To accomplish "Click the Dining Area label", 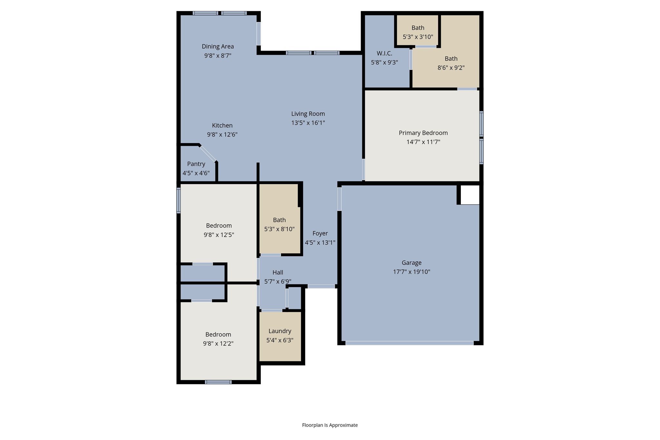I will pos(218,46).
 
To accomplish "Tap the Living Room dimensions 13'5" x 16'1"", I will pos(308,123).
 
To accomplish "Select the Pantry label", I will pos(196,164).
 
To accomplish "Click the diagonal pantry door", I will pos(208,153).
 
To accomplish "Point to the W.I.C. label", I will pos(384,54).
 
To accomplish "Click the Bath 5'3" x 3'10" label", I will pos(418,28).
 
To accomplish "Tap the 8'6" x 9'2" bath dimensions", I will pos(451,68).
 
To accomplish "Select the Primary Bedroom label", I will pos(423,133).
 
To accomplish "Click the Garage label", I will pos(412,263).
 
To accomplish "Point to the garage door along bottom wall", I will pos(409,343).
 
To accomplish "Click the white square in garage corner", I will pos(470,195).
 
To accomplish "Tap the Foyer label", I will pos(320,233).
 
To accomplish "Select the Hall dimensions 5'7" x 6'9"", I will pos(277,281).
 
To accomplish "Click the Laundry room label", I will pos(280,331).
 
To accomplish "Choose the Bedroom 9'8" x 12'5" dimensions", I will pos(219,235).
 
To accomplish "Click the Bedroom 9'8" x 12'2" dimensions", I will pos(218,344).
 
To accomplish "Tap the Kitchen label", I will pos(222,126).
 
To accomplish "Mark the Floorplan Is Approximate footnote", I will pos(330,425).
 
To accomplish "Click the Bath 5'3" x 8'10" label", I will pos(279,220).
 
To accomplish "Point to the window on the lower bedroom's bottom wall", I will pos(218,382).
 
